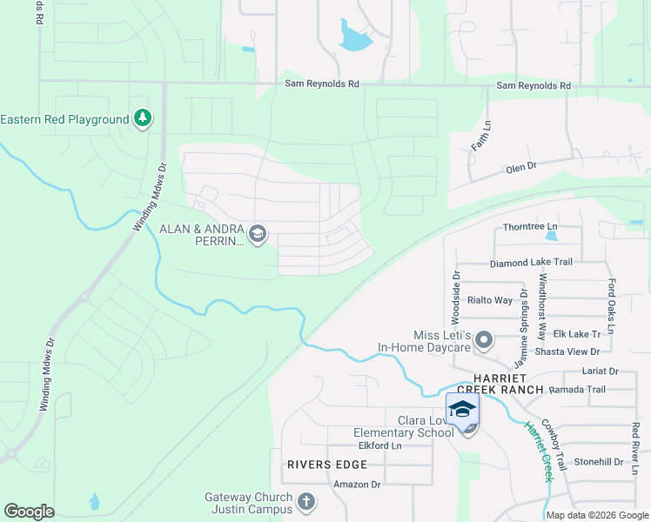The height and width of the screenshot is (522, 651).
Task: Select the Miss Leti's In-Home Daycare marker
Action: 485,340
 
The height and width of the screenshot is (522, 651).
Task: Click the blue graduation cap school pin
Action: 462,410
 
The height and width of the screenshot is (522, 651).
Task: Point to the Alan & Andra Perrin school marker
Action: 257,233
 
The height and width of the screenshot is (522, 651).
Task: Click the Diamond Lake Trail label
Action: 531,263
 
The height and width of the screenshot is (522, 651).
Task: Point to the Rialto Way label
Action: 490,300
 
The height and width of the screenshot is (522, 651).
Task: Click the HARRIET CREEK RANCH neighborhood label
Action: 508,384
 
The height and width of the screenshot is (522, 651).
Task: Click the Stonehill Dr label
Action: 599,462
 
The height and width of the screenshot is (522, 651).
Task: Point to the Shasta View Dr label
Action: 571,351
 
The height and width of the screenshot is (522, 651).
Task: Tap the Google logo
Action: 29,512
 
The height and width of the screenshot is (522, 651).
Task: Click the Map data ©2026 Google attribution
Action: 597,515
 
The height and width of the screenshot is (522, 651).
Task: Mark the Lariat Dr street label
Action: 601,371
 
